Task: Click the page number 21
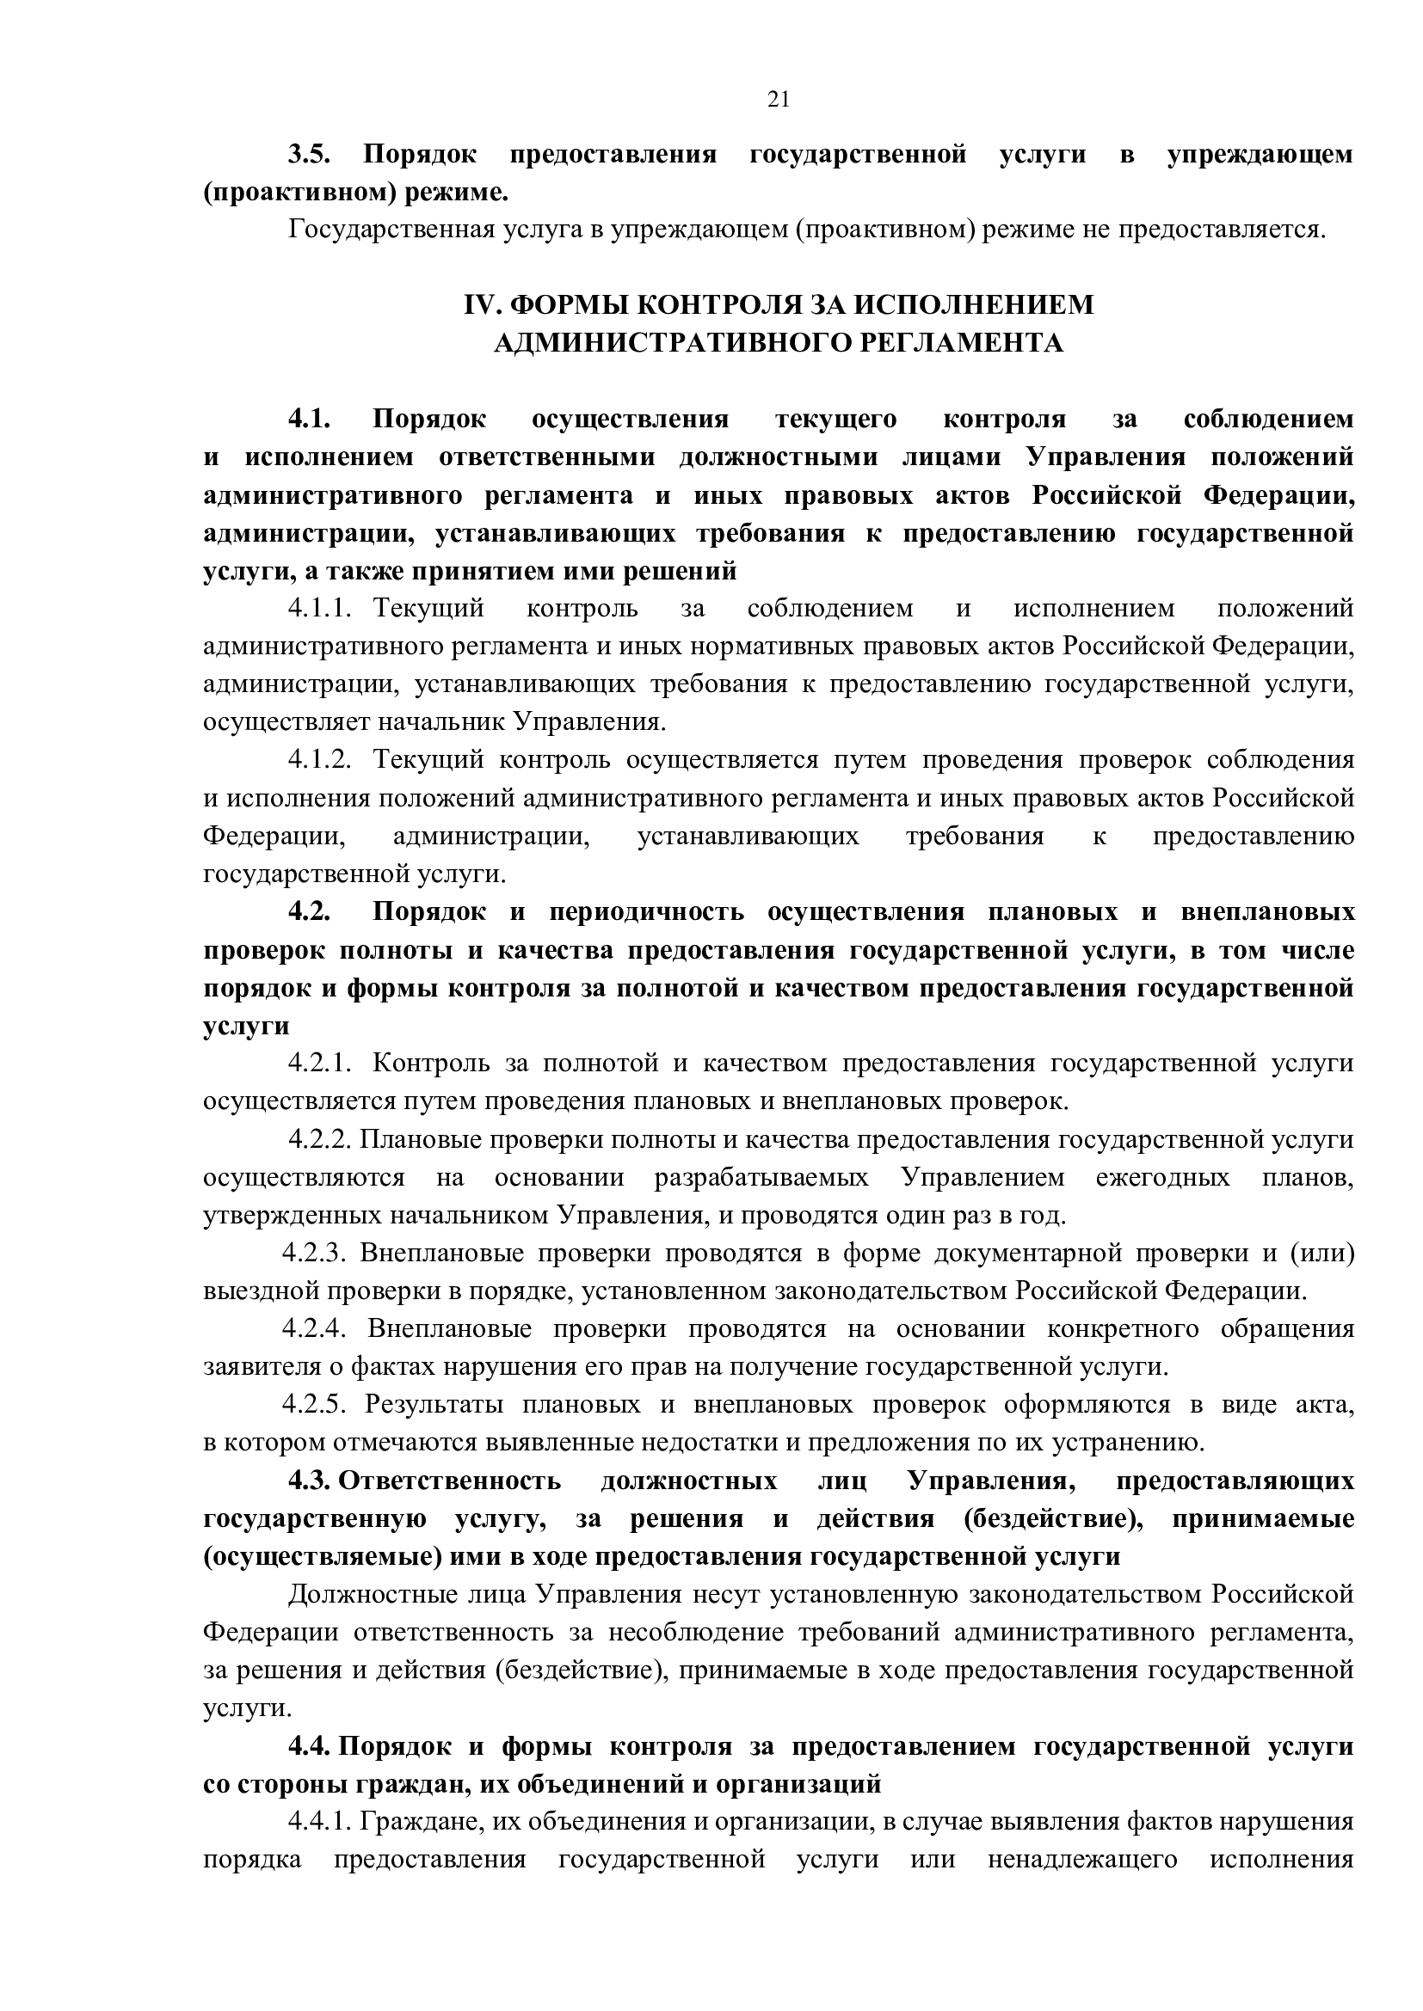coord(778,100)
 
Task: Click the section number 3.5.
coord(309,155)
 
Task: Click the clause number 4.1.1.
coord(320,608)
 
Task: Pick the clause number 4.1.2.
coord(320,759)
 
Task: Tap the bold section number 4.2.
coord(310,911)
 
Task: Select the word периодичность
coord(647,911)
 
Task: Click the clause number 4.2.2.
coord(321,1139)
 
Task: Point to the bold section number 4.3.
coord(310,1481)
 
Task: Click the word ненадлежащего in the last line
coord(1082,1861)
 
